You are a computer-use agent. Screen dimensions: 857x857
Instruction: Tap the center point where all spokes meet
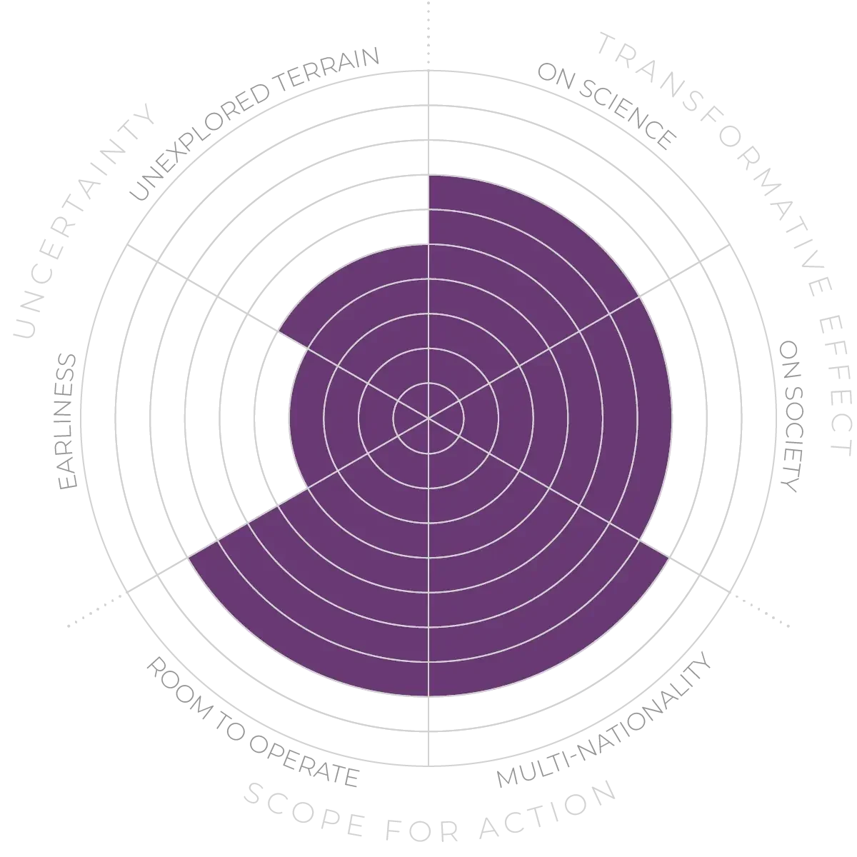tap(428, 418)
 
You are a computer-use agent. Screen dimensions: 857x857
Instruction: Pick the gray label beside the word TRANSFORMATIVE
tap(607, 107)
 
